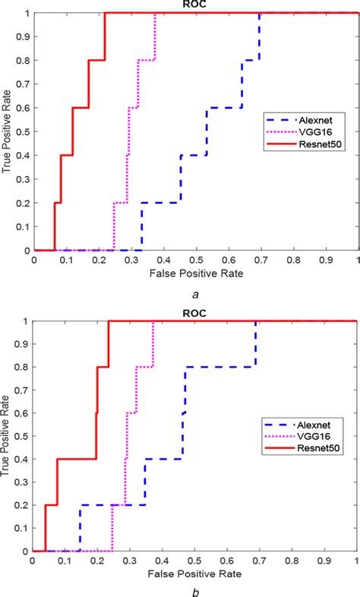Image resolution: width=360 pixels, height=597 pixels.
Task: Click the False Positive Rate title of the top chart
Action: point(195,272)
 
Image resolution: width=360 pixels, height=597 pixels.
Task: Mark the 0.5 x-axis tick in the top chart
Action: point(196,259)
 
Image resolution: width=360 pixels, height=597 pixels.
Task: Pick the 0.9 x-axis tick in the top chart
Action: point(326,259)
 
